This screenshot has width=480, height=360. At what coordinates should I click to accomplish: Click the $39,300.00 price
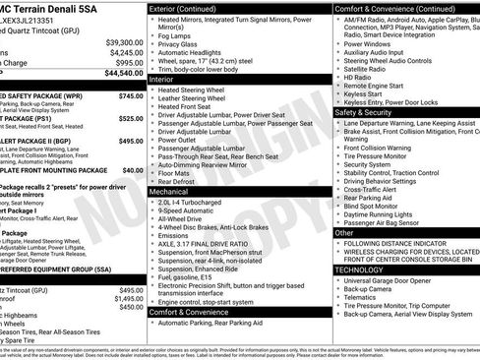tap(124, 42)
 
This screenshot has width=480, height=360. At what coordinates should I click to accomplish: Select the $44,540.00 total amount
tap(124, 73)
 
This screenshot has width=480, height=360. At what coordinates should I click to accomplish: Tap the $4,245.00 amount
tap(127, 52)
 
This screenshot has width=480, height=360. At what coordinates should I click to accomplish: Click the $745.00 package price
tap(131, 96)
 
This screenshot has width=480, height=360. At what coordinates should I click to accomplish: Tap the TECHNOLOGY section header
tap(359, 269)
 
